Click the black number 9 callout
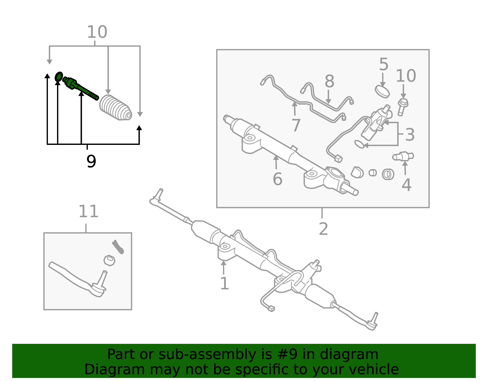[x=91, y=161]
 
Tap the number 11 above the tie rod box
[x=88, y=211]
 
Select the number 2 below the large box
[x=323, y=229]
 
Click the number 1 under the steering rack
[x=224, y=283]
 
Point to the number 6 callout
[x=277, y=179]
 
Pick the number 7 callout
[x=296, y=125]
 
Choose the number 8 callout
[x=329, y=81]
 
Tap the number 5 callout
[x=384, y=64]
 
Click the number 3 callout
[x=410, y=135]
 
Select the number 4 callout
[x=407, y=185]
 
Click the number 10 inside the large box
[x=406, y=76]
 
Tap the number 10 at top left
[x=97, y=32]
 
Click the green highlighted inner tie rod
[x=80, y=88]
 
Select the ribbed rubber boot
[x=115, y=108]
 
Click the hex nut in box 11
[x=109, y=261]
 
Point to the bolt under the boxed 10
[x=402, y=107]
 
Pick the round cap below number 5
[x=382, y=92]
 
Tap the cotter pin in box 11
[x=118, y=247]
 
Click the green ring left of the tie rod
[x=59, y=77]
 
